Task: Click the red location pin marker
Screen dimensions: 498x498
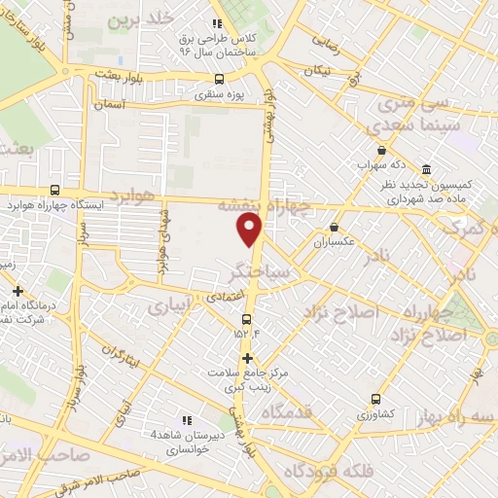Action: pos(250,229)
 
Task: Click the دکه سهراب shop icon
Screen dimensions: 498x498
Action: pos(381,151)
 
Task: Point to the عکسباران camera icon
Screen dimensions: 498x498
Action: pos(334,227)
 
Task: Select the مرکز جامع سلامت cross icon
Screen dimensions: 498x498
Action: pos(247,358)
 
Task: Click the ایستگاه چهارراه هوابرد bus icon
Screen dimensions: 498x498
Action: pos(54,191)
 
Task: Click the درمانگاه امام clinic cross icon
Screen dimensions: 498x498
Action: pos(18,290)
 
